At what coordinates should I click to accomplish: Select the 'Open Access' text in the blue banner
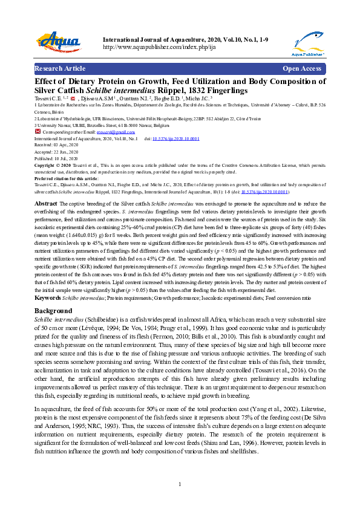click(302, 69)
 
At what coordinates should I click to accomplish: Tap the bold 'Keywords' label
click(47, 298)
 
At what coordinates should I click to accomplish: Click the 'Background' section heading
click(53, 311)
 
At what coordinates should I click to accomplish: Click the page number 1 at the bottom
click(180, 485)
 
